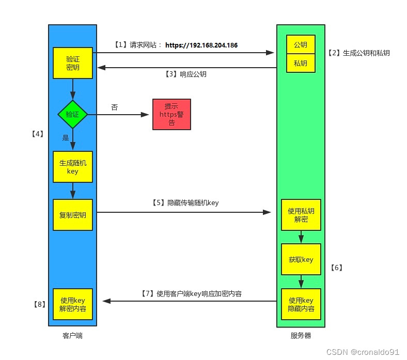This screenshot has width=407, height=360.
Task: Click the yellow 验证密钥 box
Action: (73, 63)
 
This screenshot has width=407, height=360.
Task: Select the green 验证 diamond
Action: (73, 114)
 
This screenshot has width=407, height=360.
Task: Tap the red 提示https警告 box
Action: (171, 114)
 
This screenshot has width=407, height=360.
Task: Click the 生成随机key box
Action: (73, 167)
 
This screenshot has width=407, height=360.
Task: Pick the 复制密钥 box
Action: (73, 214)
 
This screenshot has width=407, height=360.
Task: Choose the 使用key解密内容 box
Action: (73, 304)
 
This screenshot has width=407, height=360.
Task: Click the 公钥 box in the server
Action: (301, 45)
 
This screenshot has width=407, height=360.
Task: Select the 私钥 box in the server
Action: (301, 63)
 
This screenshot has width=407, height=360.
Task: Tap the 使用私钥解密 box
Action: (301, 215)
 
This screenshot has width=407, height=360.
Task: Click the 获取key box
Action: (301, 259)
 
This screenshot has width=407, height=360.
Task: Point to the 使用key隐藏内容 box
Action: (301, 304)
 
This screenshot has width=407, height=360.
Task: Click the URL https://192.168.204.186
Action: (201, 45)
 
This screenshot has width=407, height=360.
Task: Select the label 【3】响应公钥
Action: (186, 74)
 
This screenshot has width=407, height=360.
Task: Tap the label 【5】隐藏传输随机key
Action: (185, 203)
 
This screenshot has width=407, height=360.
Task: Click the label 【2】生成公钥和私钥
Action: (358, 53)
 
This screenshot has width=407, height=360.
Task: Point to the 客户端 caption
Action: (72, 336)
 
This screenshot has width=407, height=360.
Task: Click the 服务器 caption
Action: (301, 336)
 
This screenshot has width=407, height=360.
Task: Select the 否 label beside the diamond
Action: (114, 107)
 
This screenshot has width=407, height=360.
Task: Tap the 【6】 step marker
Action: (336, 268)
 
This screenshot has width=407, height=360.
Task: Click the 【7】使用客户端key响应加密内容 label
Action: (191, 293)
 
